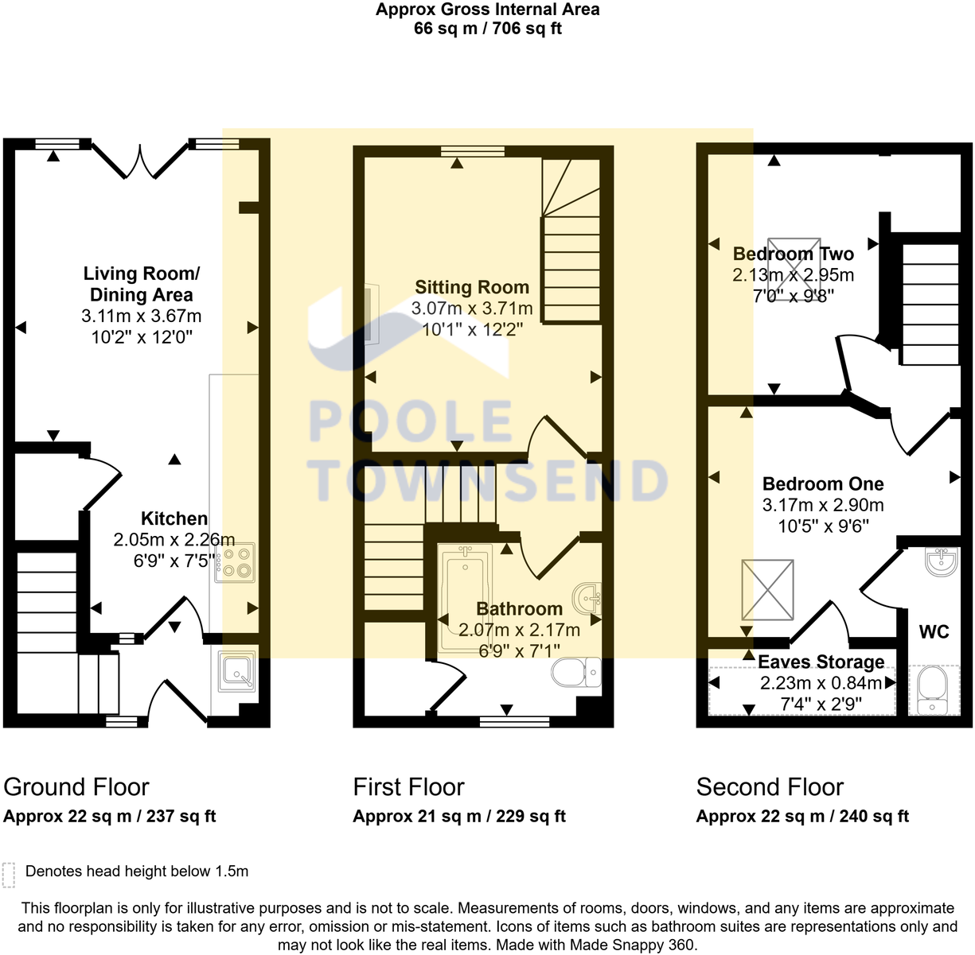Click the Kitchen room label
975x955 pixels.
(x=174, y=518)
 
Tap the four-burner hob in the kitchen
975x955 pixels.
(x=235, y=562)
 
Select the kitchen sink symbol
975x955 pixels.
(x=236, y=671)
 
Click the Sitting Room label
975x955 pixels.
(x=472, y=287)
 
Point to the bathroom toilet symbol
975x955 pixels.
(x=576, y=672)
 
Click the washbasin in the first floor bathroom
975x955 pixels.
(x=587, y=599)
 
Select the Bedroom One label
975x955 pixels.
(x=823, y=483)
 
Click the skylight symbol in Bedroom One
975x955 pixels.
(x=767, y=589)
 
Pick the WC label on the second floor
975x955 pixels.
(x=934, y=632)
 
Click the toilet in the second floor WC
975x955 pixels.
(x=934, y=689)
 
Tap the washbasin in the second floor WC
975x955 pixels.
(x=942, y=561)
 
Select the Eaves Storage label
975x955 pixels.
(x=821, y=662)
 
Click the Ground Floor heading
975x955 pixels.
(x=76, y=787)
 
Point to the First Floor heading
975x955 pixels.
(x=409, y=787)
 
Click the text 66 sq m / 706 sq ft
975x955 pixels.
(x=488, y=29)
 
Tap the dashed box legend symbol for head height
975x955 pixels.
(x=9, y=875)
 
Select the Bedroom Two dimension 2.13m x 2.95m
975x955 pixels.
(x=794, y=275)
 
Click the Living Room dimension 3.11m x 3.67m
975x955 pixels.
(x=142, y=316)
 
